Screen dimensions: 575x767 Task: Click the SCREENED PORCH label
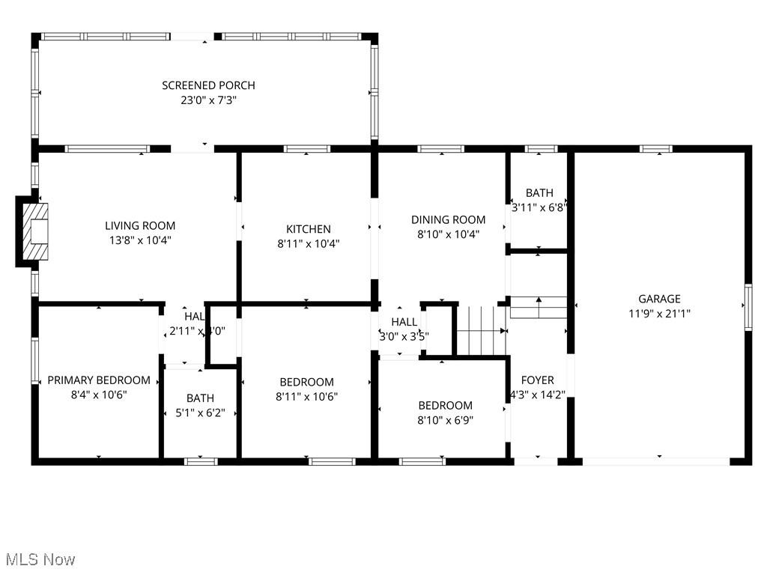click(x=208, y=85)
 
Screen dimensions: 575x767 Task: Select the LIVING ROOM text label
click(x=140, y=225)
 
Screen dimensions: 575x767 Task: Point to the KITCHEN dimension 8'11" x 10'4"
click(x=308, y=243)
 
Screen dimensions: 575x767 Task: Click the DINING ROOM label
click(x=448, y=219)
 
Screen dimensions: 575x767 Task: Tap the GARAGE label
click(x=659, y=299)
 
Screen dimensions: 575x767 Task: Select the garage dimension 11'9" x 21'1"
click(x=659, y=314)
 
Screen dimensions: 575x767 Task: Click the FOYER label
click(x=538, y=380)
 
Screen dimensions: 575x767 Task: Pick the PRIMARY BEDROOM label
click(x=99, y=380)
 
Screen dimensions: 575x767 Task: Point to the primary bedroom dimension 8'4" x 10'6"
click(x=99, y=395)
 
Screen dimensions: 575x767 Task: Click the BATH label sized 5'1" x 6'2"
click(x=200, y=398)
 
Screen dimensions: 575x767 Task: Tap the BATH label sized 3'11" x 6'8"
click(x=539, y=193)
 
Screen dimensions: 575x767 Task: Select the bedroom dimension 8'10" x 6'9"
click(x=445, y=420)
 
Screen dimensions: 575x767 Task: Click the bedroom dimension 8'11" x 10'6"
click(x=306, y=396)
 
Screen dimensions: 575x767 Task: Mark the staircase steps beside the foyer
click(x=482, y=330)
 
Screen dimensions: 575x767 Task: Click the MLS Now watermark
click(x=40, y=559)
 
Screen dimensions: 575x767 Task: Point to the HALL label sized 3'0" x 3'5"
click(x=404, y=322)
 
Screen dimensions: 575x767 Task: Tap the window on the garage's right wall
click(x=747, y=307)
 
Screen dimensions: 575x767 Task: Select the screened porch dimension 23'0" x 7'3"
click(x=208, y=100)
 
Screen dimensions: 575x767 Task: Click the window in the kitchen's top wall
click(x=307, y=149)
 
